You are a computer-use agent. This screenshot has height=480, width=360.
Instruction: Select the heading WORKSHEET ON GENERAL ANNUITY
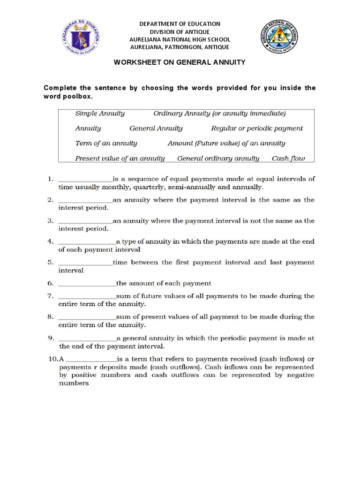point(180,62)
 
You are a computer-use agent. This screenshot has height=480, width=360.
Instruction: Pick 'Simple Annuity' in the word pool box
point(100,113)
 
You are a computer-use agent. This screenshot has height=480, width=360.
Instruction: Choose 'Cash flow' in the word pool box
point(288,158)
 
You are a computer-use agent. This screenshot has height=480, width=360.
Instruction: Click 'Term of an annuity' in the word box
point(106,143)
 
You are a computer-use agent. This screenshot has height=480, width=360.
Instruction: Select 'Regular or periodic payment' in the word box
point(257,128)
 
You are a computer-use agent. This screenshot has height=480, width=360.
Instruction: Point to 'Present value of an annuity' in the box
point(120,158)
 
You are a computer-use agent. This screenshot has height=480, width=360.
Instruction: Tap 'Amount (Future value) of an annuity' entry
point(226,143)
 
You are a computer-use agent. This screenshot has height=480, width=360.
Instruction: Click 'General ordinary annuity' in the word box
point(218,158)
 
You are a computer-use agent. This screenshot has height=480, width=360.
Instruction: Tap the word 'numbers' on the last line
point(74,383)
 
